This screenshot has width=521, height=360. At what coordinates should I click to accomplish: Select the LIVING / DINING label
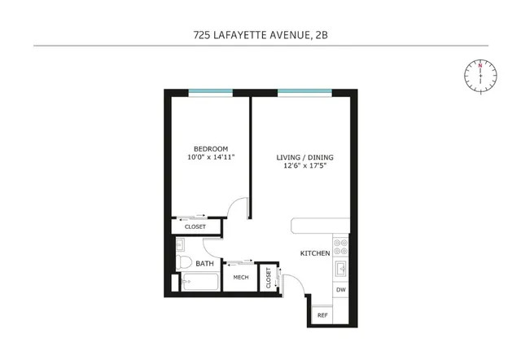[x=306, y=156]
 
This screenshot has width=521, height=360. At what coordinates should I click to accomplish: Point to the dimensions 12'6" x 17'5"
[x=306, y=166]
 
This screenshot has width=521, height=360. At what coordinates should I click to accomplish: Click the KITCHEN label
[x=315, y=253]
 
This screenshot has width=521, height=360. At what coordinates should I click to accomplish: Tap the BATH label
[x=205, y=263]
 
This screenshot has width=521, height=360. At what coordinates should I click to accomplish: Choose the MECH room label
[x=240, y=277]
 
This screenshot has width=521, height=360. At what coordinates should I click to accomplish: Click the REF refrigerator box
[x=322, y=314]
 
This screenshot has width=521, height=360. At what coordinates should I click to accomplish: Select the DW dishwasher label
[x=340, y=290]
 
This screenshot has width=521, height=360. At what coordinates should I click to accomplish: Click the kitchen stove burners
[x=342, y=244]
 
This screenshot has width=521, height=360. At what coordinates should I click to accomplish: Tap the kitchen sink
[x=342, y=266]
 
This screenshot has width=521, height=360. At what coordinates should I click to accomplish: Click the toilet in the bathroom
[x=184, y=262]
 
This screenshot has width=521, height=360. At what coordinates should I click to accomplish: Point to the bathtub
[x=199, y=283]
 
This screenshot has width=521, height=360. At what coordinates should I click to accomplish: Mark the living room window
[x=303, y=92]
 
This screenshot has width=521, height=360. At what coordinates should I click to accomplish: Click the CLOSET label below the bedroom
[x=195, y=226]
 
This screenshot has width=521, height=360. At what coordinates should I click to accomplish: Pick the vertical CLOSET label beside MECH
[x=267, y=278]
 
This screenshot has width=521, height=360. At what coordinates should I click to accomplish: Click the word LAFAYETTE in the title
[x=258, y=35]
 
